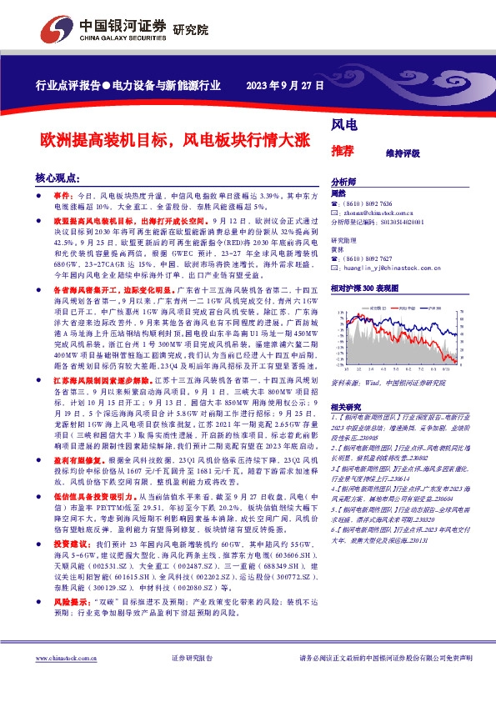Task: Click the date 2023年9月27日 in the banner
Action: tap(283, 85)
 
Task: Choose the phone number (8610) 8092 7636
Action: tap(370, 204)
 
